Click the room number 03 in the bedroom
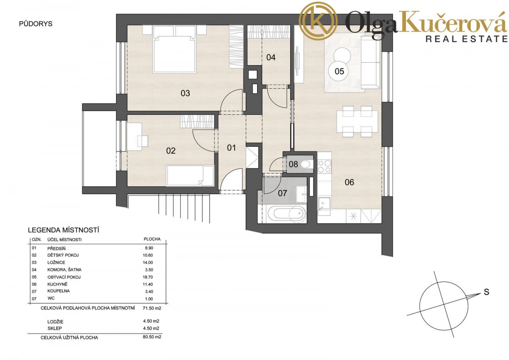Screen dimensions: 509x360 pos(185,93)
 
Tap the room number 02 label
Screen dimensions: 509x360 pos(171,151)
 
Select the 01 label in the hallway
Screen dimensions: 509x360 pos(231,148)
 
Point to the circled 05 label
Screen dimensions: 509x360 pos(339,71)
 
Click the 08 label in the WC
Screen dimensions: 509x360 pos(293,164)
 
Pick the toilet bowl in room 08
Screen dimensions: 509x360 pos(306,164)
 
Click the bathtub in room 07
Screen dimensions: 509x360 pos(287,214)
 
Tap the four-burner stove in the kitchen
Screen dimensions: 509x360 pos(324,166)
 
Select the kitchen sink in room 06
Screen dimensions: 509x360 pos(324,203)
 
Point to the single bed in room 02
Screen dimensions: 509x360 pos(190,176)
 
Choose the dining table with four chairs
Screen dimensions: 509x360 pos(357,122)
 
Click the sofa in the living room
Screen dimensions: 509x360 pos(371,62)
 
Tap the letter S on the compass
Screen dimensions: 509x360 pos(486,292)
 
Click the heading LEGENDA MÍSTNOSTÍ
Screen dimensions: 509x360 pos(63,230)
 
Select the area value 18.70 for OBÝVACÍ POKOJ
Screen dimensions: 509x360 pos(148,277)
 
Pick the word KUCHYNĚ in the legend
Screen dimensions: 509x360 pos(58,284)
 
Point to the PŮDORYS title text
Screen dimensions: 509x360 pos(36,24)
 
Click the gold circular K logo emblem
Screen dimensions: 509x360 pos(318,21)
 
